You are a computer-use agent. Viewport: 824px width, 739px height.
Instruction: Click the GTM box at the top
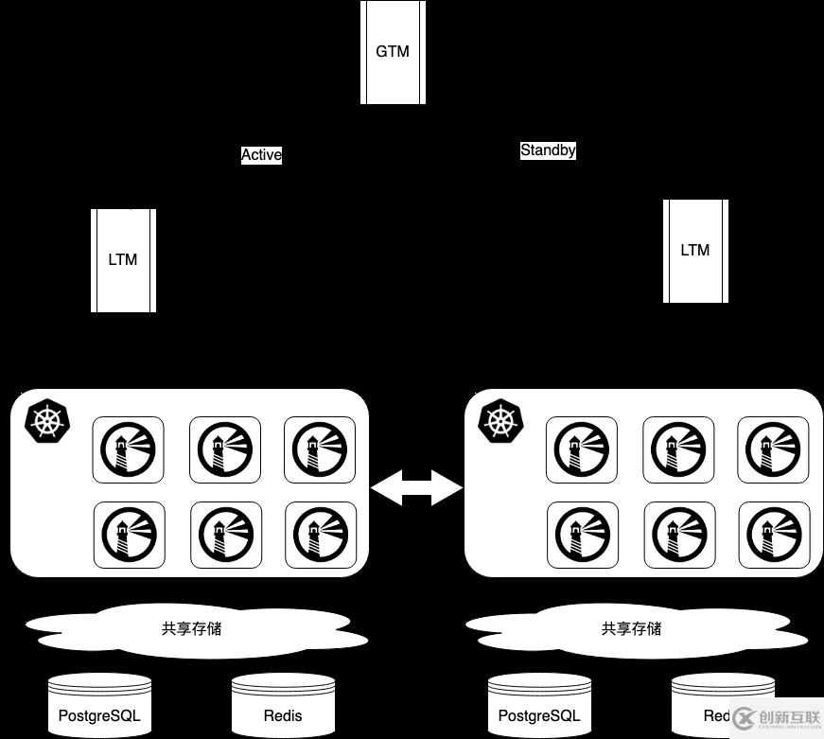point(392,52)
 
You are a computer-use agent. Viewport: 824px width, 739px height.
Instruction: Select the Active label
point(261,155)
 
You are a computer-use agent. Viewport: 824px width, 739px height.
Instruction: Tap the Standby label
point(548,150)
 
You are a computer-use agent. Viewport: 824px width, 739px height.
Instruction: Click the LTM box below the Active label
point(123,260)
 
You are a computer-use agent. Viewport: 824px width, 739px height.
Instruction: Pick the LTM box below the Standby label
point(695,251)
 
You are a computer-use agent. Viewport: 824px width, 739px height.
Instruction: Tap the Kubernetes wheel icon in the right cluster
point(500,422)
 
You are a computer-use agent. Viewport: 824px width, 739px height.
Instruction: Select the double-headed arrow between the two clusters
point(416,488)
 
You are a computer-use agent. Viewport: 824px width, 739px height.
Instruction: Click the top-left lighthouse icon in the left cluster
point(128,450)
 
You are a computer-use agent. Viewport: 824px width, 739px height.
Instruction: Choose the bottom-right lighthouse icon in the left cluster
point(321,536)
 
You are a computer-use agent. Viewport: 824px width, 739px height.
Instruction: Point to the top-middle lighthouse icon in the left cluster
point(225,450)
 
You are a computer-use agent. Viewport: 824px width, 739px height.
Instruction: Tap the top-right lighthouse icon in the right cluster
point(773,450)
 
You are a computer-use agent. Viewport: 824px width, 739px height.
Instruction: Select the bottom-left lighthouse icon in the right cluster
point(583,536)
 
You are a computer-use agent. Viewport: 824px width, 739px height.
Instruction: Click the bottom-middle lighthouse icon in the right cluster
point(679,536)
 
